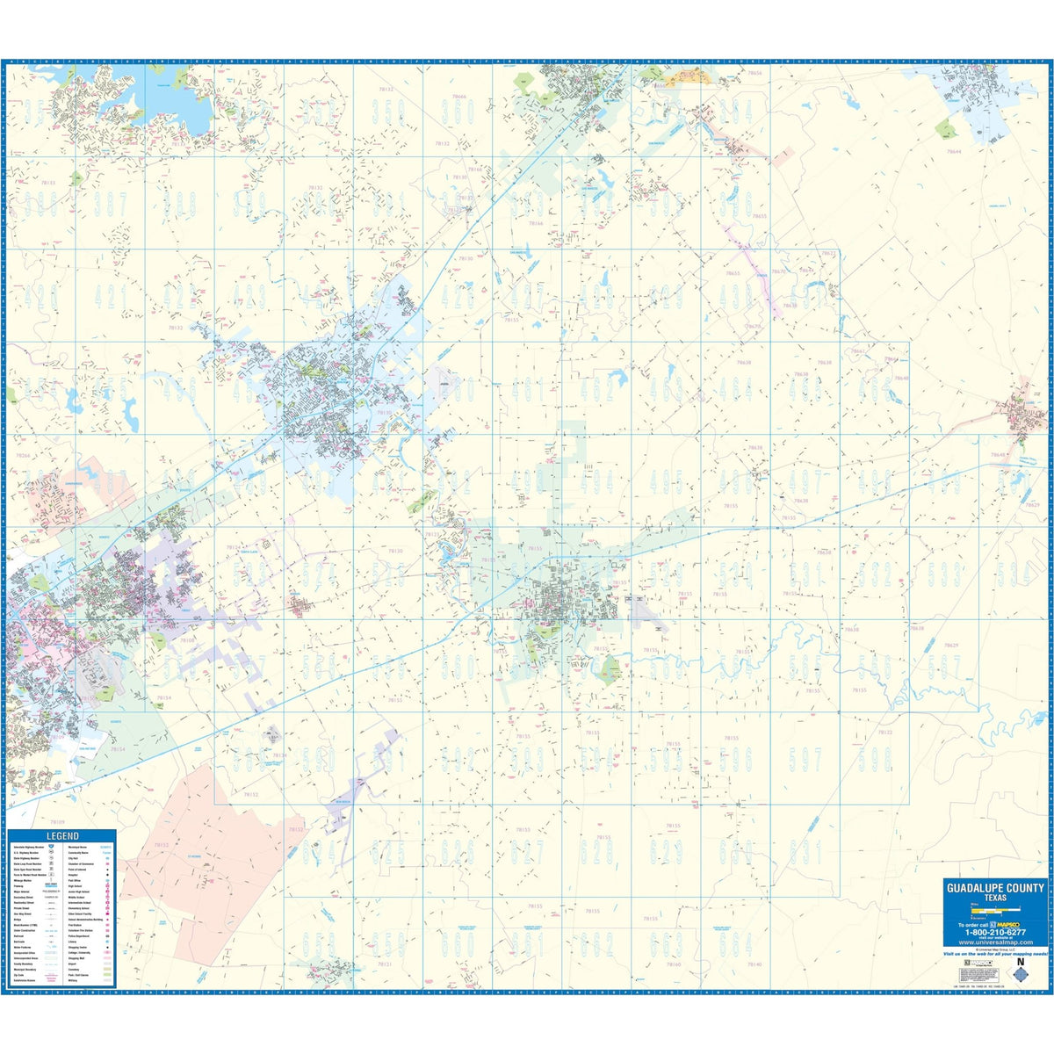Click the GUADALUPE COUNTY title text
(x=995, y=888)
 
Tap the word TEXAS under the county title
(x=995, y=898)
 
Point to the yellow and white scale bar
(x=994, y=909)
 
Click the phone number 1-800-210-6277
(x=995, y=934)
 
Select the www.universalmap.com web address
(x=995, y=944)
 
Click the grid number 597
(x=805, y=759)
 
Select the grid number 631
(x=805, y=851)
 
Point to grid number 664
(x=735, y=944)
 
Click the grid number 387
(x=109, y=204)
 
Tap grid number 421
(x=109, y=297)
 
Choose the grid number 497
(x=805, y=481)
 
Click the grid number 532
(x=874, y=574)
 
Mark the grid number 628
(x=596, y=851)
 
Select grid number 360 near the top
(x=458, y=112)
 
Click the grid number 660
(x=458, y=944)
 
